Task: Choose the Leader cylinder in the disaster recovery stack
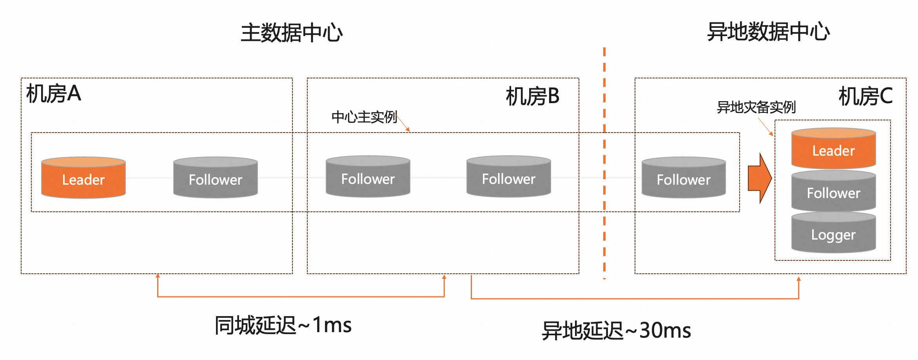tap(833, 149)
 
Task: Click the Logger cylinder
tap(833, 233)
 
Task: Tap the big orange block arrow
tap(759, 178)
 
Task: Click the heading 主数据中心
tap(292, 33)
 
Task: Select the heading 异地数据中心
tap(768, 31)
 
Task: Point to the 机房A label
tap(54, 94)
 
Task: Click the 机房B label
tap(532, 96)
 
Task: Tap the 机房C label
tap(865, 96)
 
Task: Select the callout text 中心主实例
tap(364, 117)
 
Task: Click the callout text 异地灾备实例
tap(756, 107)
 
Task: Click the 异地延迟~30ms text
tap(616, 331)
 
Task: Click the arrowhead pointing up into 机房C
tap(798, 279)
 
